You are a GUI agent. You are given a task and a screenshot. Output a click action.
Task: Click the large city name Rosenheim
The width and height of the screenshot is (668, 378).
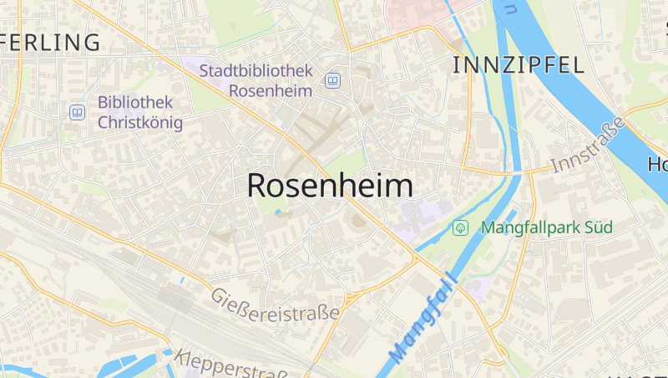point(330,186)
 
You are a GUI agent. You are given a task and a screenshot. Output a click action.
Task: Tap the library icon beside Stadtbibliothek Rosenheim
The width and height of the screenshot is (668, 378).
point(333,80)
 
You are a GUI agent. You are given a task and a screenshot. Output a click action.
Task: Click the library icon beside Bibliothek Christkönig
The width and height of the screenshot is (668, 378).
point(78,111)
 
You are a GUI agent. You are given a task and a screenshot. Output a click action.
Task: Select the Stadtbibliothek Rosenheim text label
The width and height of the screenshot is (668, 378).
point(256,80)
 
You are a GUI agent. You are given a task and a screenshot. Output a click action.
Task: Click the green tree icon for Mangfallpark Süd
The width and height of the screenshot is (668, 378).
point(460,227)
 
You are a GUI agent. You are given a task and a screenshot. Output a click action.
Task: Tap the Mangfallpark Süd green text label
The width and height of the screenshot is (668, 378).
point(547,227)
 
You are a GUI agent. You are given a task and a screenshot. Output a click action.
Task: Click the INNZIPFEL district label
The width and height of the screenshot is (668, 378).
point(518,65)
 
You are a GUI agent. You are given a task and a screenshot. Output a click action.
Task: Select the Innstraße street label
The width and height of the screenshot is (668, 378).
point(588,146)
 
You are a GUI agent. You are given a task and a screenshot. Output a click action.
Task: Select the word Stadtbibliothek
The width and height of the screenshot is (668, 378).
point(256,70)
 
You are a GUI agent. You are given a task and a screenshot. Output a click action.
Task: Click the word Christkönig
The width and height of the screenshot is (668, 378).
point(139,122)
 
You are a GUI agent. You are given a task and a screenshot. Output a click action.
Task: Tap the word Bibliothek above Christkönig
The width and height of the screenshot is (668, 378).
point(135,102)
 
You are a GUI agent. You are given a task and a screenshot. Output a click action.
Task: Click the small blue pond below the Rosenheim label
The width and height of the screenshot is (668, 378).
point(278,212)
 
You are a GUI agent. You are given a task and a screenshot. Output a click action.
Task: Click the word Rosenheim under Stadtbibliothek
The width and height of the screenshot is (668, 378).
point(271,90)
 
